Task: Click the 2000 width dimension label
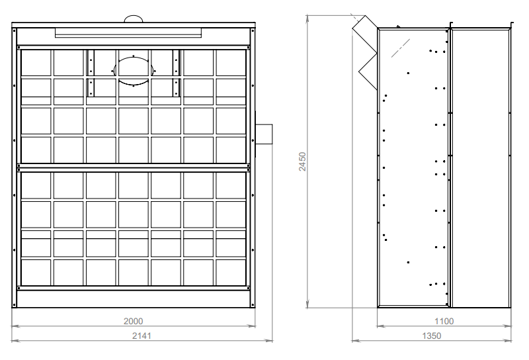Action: [134, 321]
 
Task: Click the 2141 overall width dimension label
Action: [142, 336]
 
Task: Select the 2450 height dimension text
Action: [302, 161]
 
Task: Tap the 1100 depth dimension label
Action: [444, 321]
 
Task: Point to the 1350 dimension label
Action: [432, 336]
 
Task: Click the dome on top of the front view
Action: [134, 19]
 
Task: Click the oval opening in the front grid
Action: [134, 71]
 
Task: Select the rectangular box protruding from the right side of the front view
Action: [264, 134]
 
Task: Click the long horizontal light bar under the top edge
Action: [128, 33]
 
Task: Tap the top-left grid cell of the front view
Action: [36, 63]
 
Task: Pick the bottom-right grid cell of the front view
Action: [231, 273]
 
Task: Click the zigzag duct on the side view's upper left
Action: [365, 52]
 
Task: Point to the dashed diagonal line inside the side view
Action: [401, 48]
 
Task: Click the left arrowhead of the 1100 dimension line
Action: [381, 326]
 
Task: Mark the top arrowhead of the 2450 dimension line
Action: [307, 19]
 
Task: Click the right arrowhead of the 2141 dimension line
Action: [268, 341]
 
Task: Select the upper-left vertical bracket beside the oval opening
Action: [91, 63]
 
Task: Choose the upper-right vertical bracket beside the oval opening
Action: [176, 63]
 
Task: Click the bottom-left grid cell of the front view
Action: [36, 273]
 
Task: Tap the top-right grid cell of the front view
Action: [231, 63]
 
